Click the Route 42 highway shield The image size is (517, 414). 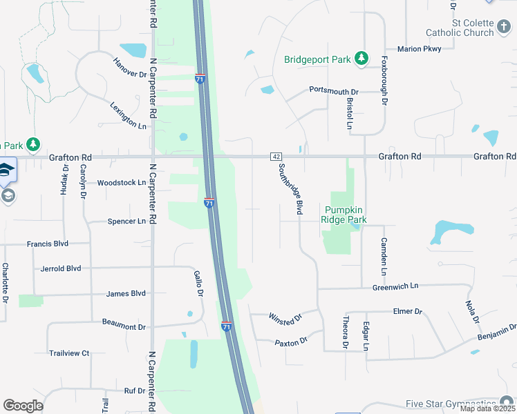click(x=276, y=157)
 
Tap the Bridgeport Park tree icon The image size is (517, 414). click(x=360, y=59)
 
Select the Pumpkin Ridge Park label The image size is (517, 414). click(x=344, y=215)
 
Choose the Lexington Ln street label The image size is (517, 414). click(x=129, y=115)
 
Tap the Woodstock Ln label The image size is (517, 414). click(x=122, y=183)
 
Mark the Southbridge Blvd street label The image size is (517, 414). click(x=290, y=188)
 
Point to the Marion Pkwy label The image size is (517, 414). click(x=419, y=49)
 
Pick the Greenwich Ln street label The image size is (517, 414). click(x=395, y=286)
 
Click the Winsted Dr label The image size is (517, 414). click(x=287, y=319)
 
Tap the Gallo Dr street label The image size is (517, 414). click(x=199, y=283)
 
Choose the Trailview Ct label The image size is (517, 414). click(x=69, y=353)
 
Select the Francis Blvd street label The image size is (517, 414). click(x=48, y=244)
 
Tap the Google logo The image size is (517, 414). click(x=23, y=406)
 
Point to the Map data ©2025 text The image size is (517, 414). click(x=488, y=408)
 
